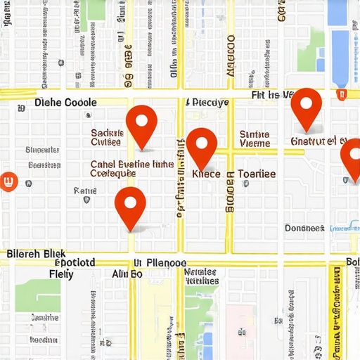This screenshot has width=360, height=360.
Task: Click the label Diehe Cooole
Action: click(x=65, y=103)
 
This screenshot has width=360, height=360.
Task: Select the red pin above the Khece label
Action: click(x=202, y=146)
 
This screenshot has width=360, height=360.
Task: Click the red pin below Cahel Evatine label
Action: click(x=131, y=205)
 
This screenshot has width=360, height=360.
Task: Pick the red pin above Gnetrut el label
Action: click(x=306, y=107)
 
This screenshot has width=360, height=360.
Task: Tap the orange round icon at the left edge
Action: click(x=9, y=181)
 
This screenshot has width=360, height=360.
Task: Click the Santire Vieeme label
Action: click(x=255, y=139)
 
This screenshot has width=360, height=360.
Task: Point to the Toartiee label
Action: click(x=257, y=174)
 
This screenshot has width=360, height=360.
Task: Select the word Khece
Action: click(x=206, y=174)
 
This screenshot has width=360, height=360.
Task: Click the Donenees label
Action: click(x=304, y=228)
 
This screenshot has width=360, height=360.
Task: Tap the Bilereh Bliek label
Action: click(x=35, y=253)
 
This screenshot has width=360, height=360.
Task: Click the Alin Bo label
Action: click(x=127, y=274)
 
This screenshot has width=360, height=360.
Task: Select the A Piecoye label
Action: click(x=207, y=103)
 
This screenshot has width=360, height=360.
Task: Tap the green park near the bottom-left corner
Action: click(x=37, y=295)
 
